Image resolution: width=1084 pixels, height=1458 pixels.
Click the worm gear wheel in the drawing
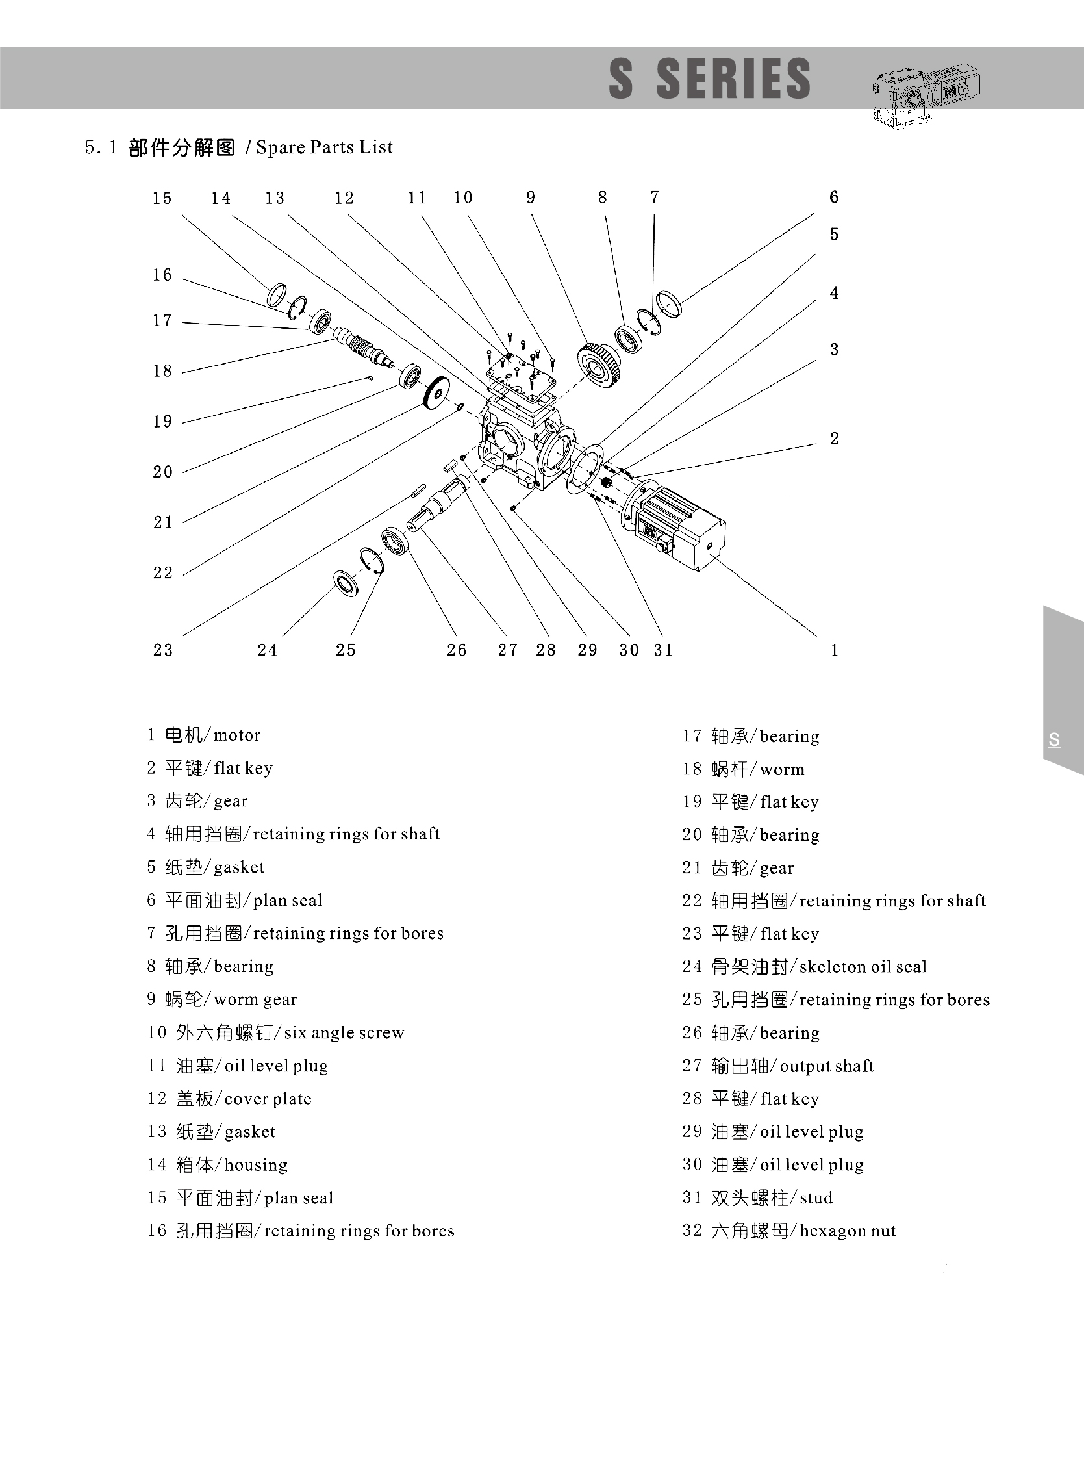(598, 365)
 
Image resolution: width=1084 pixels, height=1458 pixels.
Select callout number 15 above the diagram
(162, 198)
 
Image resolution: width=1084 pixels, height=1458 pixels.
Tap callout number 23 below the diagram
(163, 650)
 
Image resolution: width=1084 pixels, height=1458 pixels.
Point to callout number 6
(833, 197)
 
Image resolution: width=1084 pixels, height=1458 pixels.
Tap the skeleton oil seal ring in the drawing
(346, 583)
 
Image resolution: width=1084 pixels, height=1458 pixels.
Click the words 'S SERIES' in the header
(709, 79)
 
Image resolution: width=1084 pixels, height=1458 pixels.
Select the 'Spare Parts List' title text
(324, 147)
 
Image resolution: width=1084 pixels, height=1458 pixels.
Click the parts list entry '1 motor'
(203, 735)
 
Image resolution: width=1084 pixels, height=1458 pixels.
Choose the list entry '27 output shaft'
(777, 1066)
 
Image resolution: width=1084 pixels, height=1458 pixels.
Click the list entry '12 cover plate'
(229, 1098)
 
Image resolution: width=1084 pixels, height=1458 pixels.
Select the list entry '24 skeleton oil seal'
(804, 966)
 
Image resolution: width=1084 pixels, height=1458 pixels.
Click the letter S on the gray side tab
(1054, 740)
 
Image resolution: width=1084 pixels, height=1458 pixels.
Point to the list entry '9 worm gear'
(221, 999)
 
